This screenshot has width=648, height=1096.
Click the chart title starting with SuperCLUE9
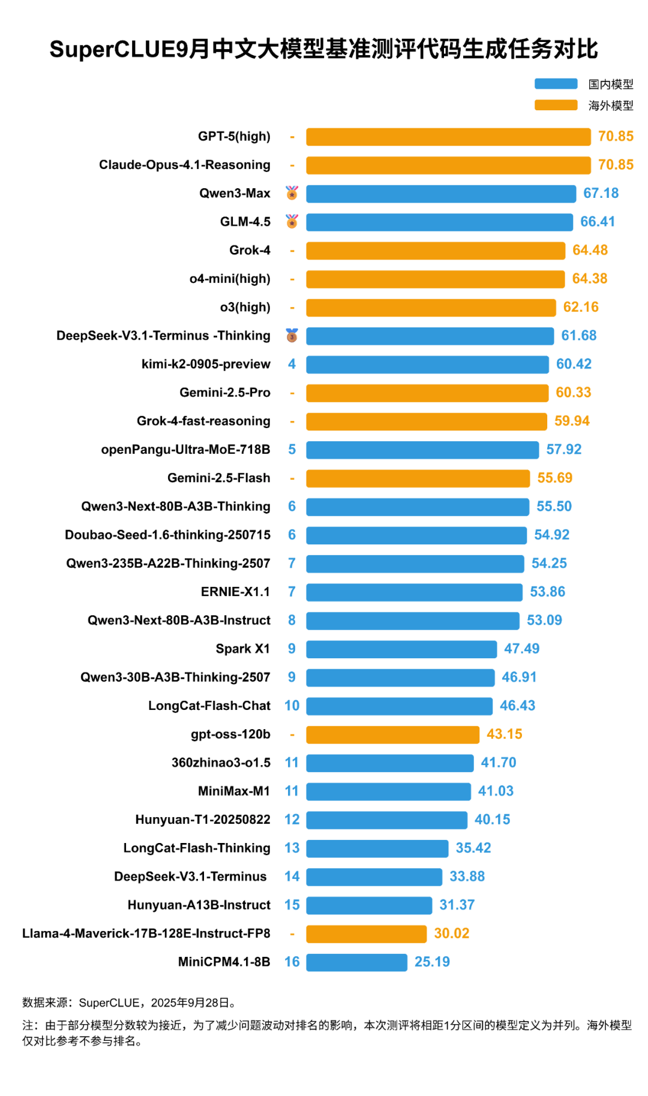(x=324, y=49)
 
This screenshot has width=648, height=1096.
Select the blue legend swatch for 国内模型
(x=556, y=84)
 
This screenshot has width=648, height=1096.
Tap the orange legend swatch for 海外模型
(x=556, y=106)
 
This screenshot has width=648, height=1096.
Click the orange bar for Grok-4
(x=436, y=251)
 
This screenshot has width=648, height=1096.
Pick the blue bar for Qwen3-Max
(x=441, y=194)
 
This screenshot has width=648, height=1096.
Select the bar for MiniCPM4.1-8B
(x=356, y=962)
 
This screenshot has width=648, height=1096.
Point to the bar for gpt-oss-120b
(x=392, y=734)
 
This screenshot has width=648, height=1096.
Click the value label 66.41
(x=598, y=222)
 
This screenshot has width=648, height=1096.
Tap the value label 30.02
(x=452, y=934)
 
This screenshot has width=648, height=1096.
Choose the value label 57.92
(x=564, y=450)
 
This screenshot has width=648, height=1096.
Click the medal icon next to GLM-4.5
(x=292, y=222)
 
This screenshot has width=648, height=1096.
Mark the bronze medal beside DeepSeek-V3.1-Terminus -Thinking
(x=292, y=336)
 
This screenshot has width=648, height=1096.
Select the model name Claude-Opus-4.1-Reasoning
(x=185, y=165)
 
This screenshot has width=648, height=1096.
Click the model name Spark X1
(x=243, y=649)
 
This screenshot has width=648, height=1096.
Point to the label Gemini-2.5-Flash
(x=219, y=478)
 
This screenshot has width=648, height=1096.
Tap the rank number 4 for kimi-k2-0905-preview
(x=292, y=364)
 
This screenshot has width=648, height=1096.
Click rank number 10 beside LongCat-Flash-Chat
(x=292, y=706)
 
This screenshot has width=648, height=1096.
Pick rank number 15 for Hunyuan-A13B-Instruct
(x=292, y=905)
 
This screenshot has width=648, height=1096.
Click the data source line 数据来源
(x=129, y=1002)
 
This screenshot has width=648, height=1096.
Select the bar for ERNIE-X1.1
(x=414, y=592)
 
